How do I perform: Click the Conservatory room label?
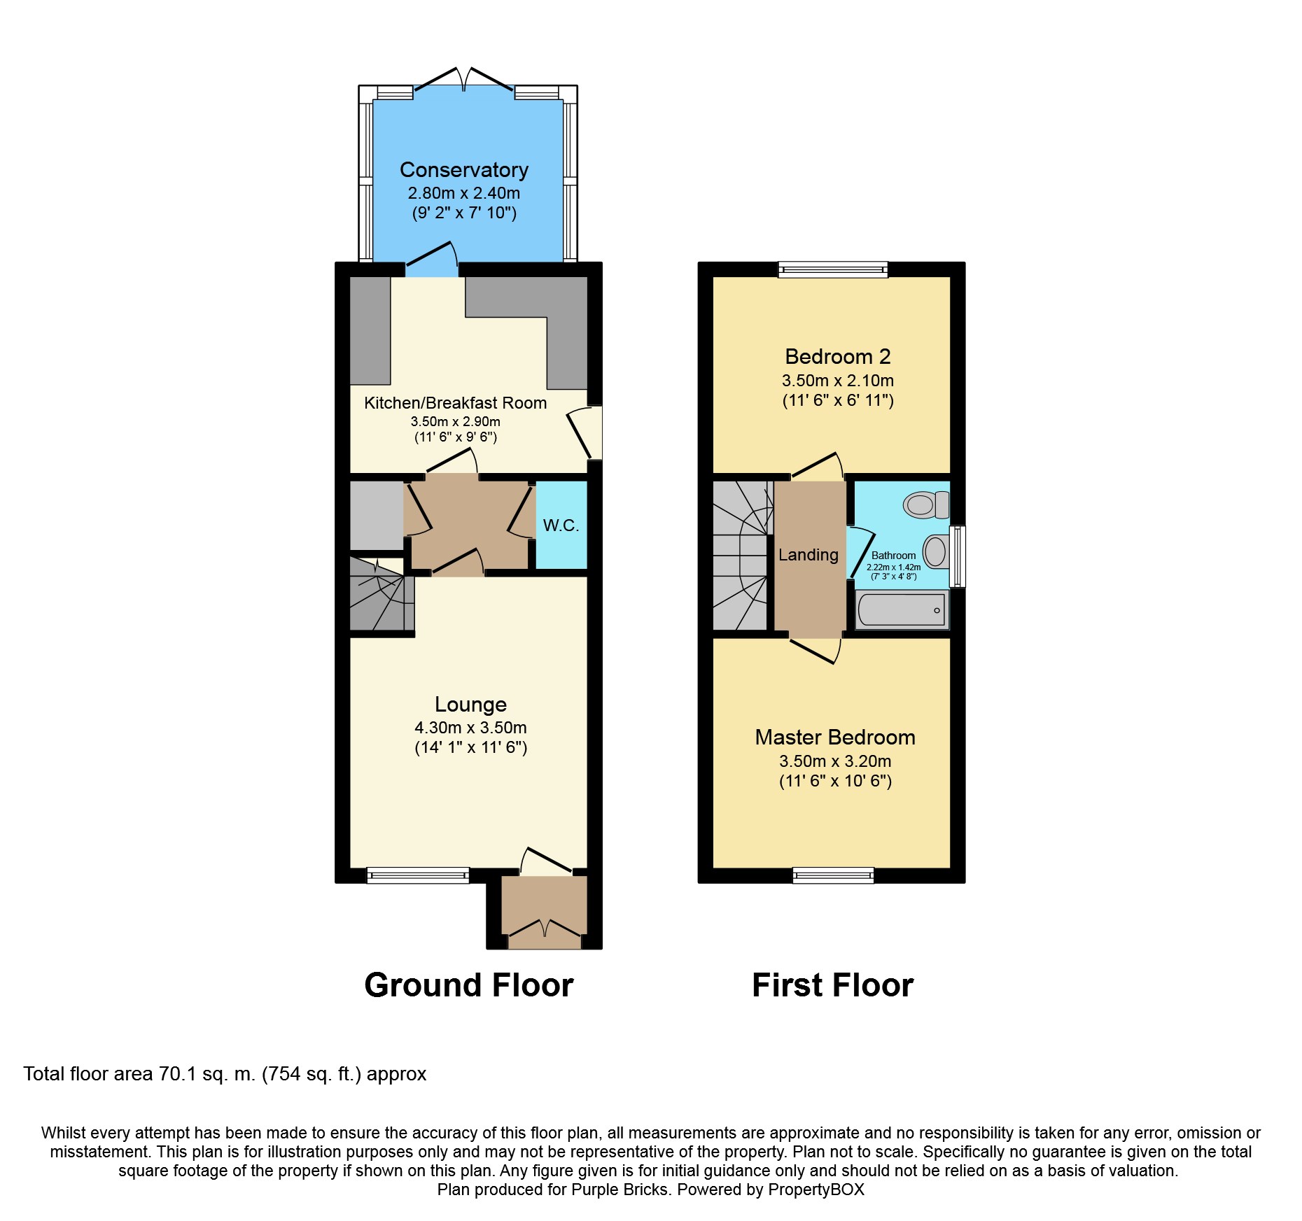(x=463, y=170)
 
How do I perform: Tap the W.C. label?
(x=561, y=525)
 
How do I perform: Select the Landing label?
(x=808, y=555)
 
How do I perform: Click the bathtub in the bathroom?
(x=902, y=610)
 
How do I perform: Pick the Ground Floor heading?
(x=468, y=985)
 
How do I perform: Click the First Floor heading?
(x=832, y=985)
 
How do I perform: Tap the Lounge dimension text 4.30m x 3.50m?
(x=470, y=728)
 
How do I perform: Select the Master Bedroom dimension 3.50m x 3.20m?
(x=835, y=761)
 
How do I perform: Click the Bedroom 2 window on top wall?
(x=832, y=269)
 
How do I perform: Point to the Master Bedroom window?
(x=833, y=875)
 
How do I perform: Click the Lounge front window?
(x=418, y=875)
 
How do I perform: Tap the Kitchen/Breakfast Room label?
(x=455, y=403)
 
